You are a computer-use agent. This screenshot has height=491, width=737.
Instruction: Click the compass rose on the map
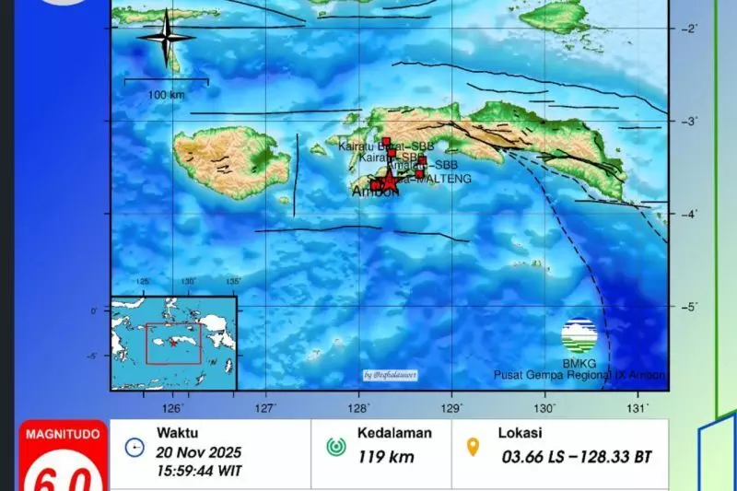[x=166, y=38]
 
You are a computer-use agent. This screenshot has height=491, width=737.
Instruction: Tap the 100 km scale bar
[x=166, y=83]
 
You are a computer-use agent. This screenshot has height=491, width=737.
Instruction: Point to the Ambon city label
[x=376, y=193]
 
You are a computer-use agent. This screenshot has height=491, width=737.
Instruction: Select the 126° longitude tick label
[x=173, y=406]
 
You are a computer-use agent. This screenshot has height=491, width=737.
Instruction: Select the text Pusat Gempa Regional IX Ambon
[x=579, y=375]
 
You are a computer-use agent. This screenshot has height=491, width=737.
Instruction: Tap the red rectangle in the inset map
[x=173, y=343]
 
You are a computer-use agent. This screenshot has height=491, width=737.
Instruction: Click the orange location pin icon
[x=474, y=448]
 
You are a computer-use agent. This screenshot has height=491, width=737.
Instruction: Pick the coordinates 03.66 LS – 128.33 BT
[x=578, y=455]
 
